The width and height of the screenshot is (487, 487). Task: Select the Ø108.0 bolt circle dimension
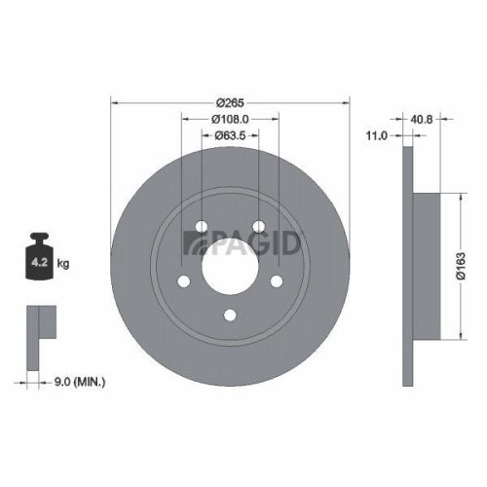pyautogui.click(x=231, y=120)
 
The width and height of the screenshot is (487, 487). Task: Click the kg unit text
pyautogui.click(x=64, y=263)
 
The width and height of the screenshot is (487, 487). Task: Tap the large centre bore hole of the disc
pyautogui.click(x=230, y=263)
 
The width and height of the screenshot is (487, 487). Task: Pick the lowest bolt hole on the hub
pyautogui.click(x=230, y=314)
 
